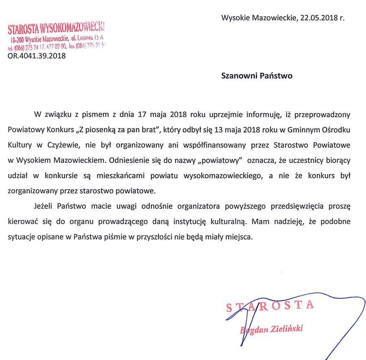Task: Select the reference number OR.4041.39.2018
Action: tap(37, 56)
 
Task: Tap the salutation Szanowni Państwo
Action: tap(257, 76)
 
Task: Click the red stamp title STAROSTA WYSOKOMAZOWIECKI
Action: tap(56, 28)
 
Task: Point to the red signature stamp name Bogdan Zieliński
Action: tap(272, 329)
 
